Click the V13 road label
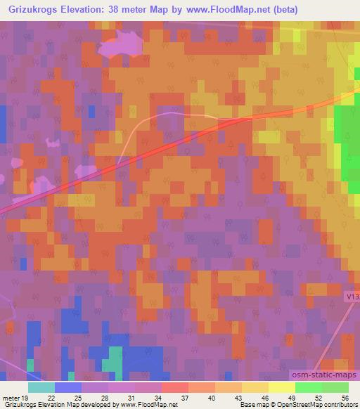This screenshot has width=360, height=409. click(353, 298)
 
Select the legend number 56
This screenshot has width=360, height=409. click(345, 397)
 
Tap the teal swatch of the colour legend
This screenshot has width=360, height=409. click(41, 387)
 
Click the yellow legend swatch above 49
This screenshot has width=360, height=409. click(281, 387)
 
